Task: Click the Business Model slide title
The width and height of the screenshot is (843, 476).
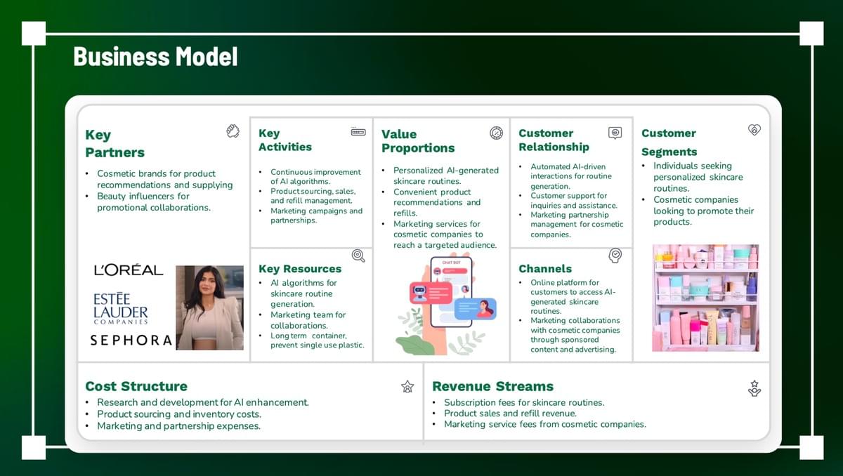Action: (x=155, y=57)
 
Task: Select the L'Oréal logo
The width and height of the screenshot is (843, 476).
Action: (x=129, y=270)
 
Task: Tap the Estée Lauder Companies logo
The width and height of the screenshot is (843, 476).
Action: (x=120, y=308)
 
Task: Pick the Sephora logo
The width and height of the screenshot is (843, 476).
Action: (x=131, y=341)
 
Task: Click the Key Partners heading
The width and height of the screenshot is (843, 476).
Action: (x=115, y=144)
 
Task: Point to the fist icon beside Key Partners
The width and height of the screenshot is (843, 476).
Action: (x=233, y=131)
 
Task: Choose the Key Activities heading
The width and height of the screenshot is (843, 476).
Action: (x=285, y=140)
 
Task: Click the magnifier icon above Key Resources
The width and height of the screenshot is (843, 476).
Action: (x=358, y=256)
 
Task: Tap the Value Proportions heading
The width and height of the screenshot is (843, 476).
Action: (x=418, y=141)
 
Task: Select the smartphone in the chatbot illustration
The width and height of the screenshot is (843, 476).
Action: (x=451, y=292)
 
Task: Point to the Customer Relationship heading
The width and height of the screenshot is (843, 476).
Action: (x=554, y=140)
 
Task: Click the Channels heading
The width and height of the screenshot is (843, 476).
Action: (x=545, y=269)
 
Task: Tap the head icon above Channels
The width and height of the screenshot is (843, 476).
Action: (x=615, y=256)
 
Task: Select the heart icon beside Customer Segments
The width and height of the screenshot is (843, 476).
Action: (x=754, y=130)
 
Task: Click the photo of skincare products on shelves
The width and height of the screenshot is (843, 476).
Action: (x=705, y=298)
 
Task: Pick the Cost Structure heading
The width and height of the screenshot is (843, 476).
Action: (x=136, y=386)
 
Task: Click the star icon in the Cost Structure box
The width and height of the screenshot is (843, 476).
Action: (x=407, y=387)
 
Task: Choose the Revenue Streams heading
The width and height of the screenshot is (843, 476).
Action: (x=492, y=386)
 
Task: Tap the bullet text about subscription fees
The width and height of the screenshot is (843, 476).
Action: (x=524, y=402)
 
